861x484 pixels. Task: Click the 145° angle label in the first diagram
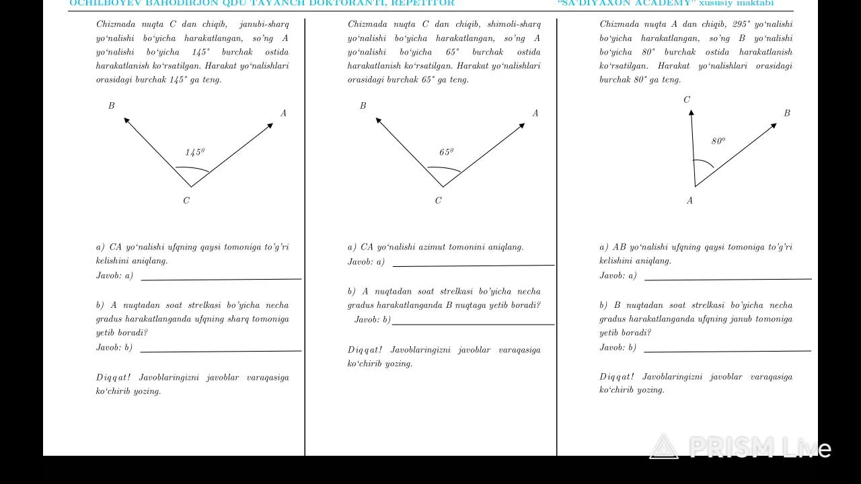[195, 153]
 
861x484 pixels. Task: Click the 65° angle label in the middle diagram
[447, 153]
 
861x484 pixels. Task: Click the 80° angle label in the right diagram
[718, 141]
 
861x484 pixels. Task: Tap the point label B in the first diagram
[112, 106]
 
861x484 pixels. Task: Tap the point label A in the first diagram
[283, 113]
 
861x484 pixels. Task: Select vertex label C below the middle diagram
[439, 200]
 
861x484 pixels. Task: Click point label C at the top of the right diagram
[687, 99]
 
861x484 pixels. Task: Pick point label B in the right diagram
[787, 113]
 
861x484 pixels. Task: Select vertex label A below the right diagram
[689, 200]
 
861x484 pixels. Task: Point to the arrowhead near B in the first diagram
[127, 120]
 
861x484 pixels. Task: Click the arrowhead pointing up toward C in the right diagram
[691, 114]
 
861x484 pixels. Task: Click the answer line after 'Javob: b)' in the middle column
[473, 324]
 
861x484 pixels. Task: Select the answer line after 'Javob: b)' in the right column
[726, 351]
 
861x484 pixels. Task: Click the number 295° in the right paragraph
[741, 24]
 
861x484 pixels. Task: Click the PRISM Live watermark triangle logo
[664, 448]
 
